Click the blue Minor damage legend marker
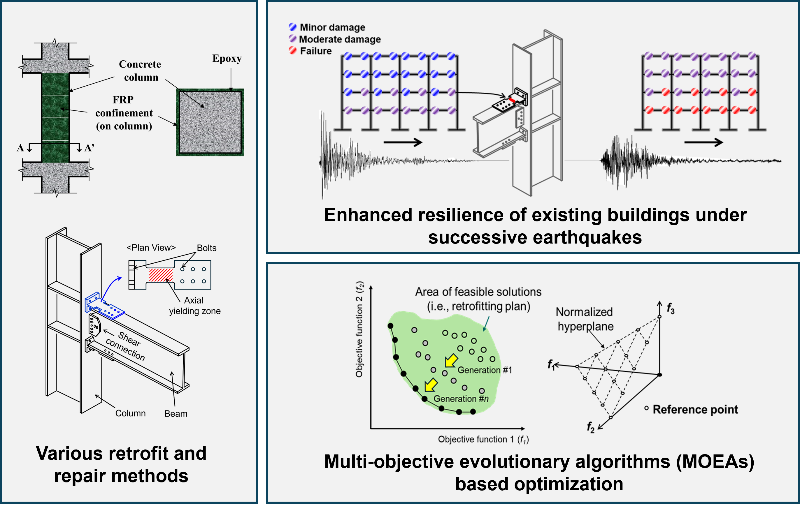point(292,27)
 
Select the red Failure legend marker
point(292,50)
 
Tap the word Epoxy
point(227,59)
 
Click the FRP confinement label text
point(124,113)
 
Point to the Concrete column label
point(140,70)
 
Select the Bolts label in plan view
point(206,248)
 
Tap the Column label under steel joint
point(130,413)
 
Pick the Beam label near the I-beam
point(176,414)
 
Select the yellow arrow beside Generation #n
point(431,385)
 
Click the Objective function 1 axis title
point(483,439)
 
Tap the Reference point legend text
point(695,409)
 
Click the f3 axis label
point(671,309)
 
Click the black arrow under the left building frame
point(403,142)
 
